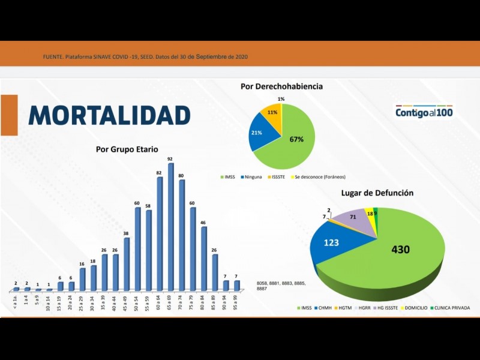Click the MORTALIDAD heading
pos(109,115)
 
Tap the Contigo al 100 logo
pos(424,112)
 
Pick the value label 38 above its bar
pos(126,233)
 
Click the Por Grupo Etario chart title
pos(127,149)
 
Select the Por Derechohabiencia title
pos(281,86)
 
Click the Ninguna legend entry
pos(251,177)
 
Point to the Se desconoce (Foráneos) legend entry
pos(320,177)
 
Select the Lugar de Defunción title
pos(377,193)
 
